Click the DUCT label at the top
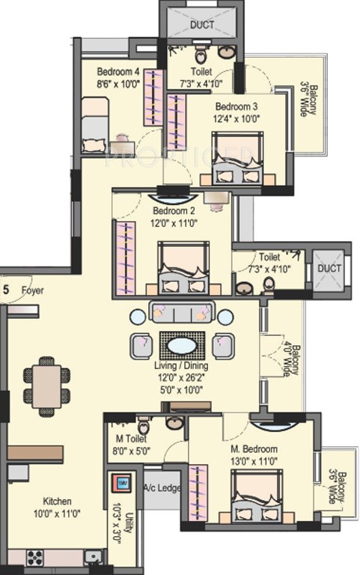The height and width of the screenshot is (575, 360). (x=201, y=25)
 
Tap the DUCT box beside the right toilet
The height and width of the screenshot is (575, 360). (x=329, y=268)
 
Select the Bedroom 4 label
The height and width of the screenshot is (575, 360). (x=118, y=72)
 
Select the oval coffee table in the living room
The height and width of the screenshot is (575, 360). (x=182, y=346)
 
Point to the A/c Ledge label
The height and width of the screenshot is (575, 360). (x=163, y=488)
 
